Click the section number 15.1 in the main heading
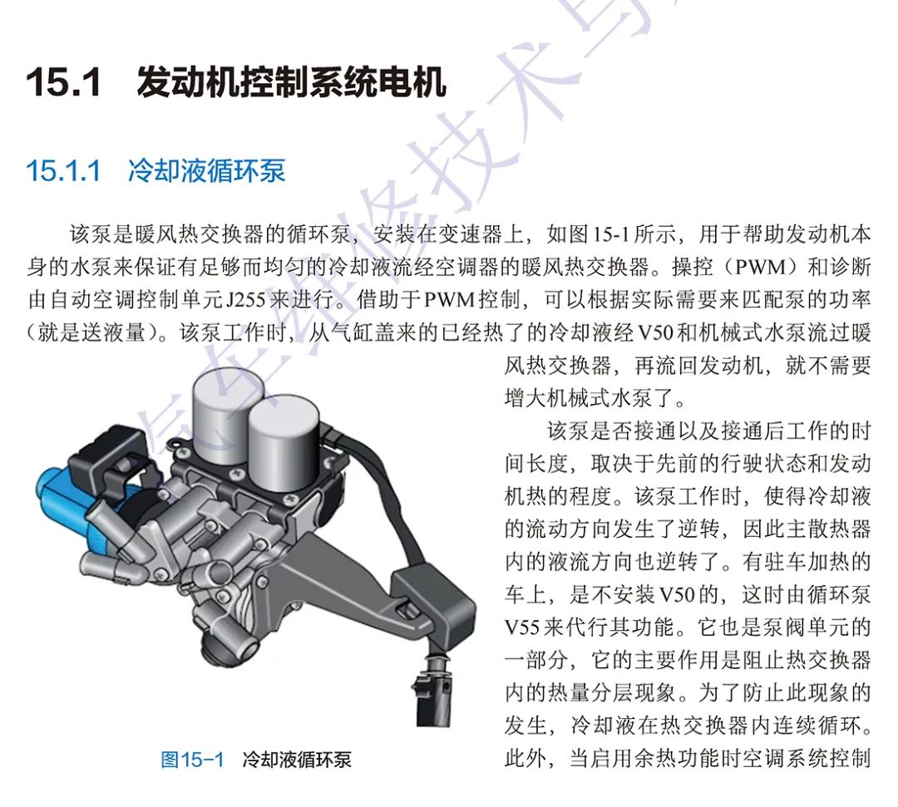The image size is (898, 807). tap(63, 84)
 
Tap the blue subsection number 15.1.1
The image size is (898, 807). tap(63, 170)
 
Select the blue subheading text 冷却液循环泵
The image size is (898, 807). tap(206, 170)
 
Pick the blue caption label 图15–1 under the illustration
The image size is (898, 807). tap(192, 760)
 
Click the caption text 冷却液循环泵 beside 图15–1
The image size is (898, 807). tap(297, 760)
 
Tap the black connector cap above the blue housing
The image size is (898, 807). tap(108, 453)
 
